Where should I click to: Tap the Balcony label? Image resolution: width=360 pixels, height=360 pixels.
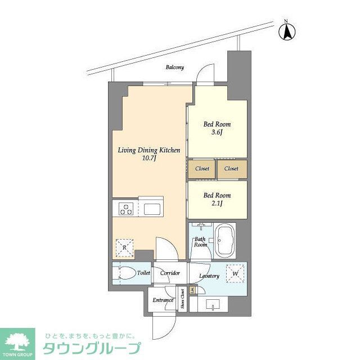click(x=174, y=67)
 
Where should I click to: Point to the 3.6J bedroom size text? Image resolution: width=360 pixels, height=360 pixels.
click(x=217, y=132)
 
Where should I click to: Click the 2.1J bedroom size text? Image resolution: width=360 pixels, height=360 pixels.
click(x=217, y=204)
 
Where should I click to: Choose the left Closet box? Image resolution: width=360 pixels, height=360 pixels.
click(x=202, y=169)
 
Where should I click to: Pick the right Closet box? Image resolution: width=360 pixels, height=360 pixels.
click(x=232, y=169)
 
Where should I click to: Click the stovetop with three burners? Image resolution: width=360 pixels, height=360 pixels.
click(x=125, y=210)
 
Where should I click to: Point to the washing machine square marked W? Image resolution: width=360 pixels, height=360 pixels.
click(x=235, y=273)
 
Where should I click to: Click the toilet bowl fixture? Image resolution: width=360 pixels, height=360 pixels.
click(x=123, y=273)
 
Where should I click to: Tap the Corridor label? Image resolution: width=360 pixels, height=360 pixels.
click(x=169, y=273)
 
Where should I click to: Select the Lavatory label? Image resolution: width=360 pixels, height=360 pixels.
click(x=209, y=276)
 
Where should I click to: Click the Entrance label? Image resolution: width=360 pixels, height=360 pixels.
click(x=163, y=300)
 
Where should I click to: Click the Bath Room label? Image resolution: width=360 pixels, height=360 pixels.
click(x=201, y=242)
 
